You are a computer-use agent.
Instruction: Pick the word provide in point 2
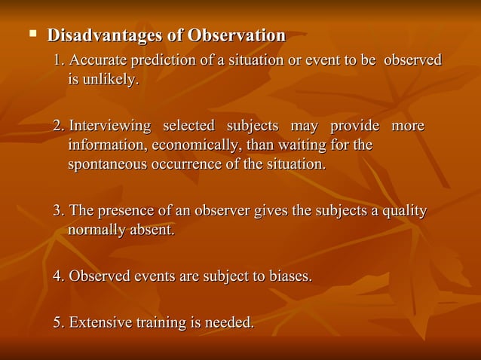(354, 125)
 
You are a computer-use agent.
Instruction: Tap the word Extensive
(100, 323)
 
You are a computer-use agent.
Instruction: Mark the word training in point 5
(161, 323)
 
